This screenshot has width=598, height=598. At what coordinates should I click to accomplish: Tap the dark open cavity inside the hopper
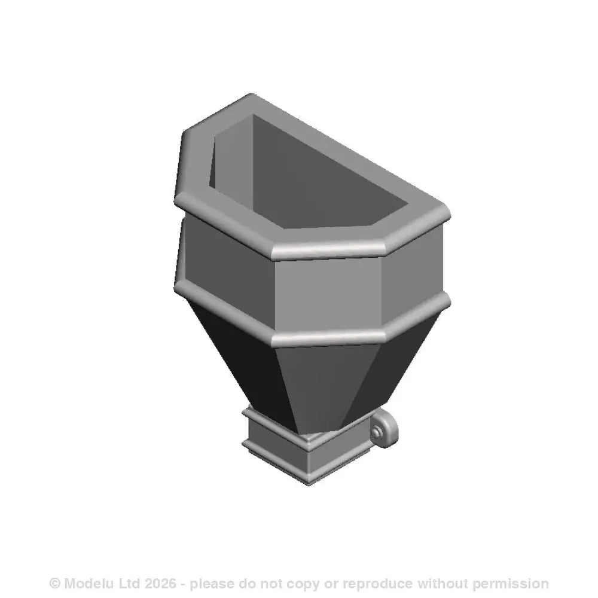(x=311, y=173)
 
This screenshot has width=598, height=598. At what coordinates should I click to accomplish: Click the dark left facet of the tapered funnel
(x=239, y=353)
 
